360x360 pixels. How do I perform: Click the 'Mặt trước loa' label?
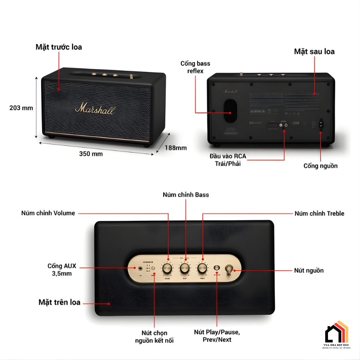coord(58,47)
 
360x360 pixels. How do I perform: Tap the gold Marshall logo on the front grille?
coord(95,108)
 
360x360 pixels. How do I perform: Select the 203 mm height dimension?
coord(21,108)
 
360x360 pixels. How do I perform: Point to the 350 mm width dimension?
coord(90,154)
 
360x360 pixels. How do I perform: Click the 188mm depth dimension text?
coord(176,148)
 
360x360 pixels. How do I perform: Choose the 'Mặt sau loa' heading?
coord(314,52)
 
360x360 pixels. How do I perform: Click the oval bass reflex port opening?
coord(230,110)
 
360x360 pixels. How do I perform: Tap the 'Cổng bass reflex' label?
coord(195,67)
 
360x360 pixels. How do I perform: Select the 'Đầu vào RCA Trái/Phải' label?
coord(228,159)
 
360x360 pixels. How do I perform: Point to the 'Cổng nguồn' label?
coord(320,166)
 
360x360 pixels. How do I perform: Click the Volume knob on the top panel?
coord(167,268)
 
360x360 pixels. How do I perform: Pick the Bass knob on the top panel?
coord(185,268)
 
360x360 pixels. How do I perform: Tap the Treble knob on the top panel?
coord(202,268)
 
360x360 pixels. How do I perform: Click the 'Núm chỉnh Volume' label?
coord(48,213)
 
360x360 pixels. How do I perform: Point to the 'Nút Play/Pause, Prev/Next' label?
coord(217,336)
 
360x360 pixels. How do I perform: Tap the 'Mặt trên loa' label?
coord(60,302)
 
